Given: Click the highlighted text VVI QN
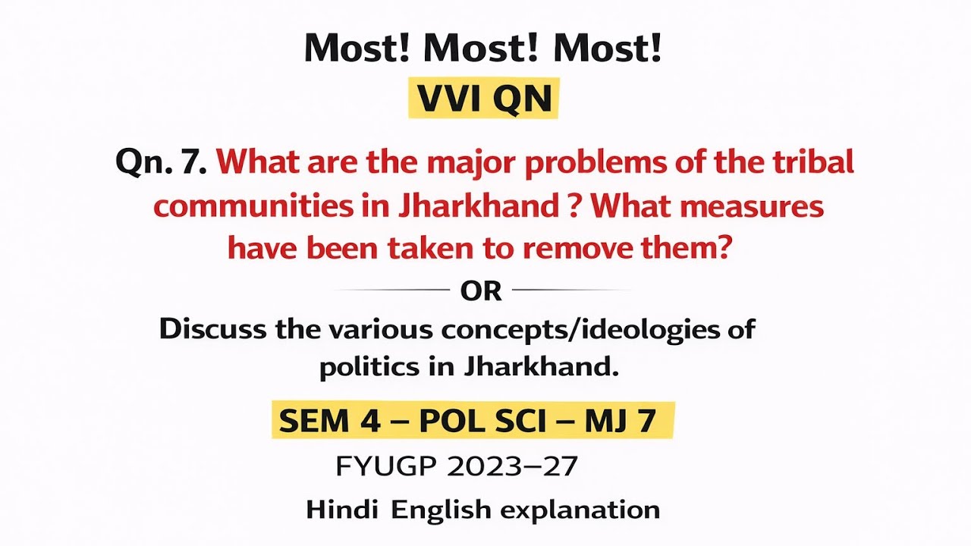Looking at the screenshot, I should (484, 99).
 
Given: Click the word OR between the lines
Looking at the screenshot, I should (481, 290).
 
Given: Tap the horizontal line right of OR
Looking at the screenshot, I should (571, 290).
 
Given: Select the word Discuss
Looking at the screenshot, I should (213, 330).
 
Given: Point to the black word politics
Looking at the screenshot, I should (361, 368).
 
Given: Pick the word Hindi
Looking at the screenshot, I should (341, 510).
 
